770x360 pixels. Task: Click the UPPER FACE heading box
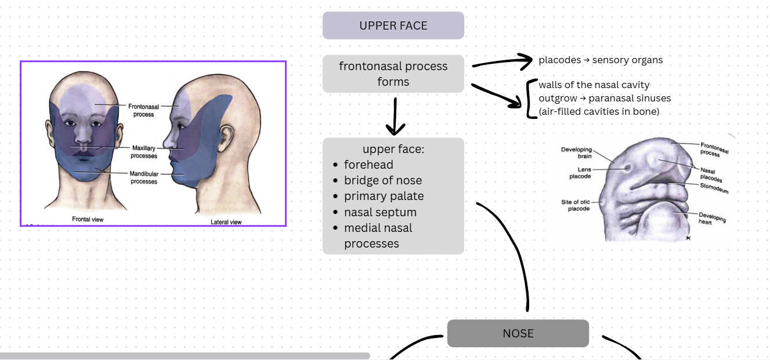(393, 26)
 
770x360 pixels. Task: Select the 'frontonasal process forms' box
(393, 74)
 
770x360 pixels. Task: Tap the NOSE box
(518, 333)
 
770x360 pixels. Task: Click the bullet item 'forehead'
(368, 165)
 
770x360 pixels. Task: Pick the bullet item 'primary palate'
(384, 196)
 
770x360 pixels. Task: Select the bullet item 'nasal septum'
(380, 212)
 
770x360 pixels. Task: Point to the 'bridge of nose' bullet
(382, 180)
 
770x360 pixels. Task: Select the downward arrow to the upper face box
(395, 116)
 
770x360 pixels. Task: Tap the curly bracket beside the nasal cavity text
(530, 99)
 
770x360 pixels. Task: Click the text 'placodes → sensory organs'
(600, 60)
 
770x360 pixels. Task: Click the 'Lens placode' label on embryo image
(580, 173)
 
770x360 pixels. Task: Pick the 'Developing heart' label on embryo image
(711, 218)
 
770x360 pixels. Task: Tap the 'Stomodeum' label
(713, 188)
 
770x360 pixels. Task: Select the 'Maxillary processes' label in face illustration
(144, 152)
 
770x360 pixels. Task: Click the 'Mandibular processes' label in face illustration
(143, 177)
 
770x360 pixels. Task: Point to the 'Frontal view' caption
(88, 219)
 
